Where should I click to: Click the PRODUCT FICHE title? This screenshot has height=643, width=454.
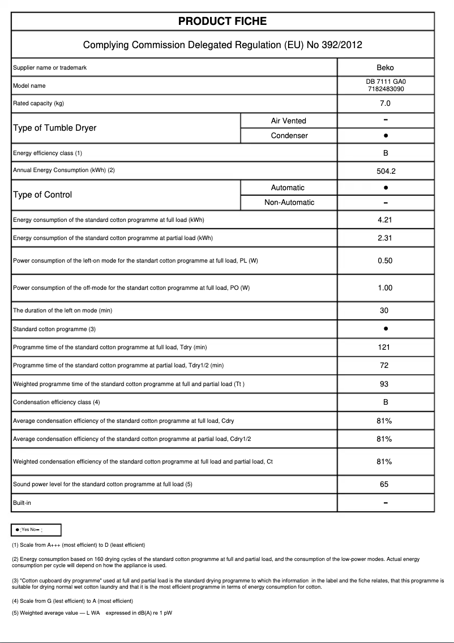coord(222,22)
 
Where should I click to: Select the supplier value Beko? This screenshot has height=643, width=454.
coord(385,68)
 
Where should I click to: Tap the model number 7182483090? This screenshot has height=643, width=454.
coord(385,89)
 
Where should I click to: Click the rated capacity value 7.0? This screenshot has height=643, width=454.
coord(385,104)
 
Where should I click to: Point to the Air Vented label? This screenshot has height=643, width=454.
coord(288,121)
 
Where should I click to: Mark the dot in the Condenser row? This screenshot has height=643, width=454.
coord(385,136)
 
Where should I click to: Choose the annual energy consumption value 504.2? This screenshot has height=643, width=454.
coord(385,171)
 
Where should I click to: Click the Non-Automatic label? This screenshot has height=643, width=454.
coord(289,203)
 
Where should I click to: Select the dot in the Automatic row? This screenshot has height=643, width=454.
coord(385,187)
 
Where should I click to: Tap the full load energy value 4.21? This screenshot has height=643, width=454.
coord(385,220)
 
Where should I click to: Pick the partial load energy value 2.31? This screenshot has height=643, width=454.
coord(385,238)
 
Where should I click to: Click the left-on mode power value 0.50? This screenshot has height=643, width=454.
coord(385,261)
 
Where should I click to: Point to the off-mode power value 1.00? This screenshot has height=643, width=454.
coord(385,288)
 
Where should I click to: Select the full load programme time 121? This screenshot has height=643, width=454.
coord(384,348)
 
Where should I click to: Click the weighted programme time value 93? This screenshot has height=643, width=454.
coord(384,384)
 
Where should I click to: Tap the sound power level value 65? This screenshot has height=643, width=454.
coord(384,485)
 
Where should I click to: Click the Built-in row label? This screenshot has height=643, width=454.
coord(22,503)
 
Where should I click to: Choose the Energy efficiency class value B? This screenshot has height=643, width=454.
coord(385,153)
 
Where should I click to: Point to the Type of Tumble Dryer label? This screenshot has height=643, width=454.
coord(54,128)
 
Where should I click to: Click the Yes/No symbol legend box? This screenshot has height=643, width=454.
coord(36,530)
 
